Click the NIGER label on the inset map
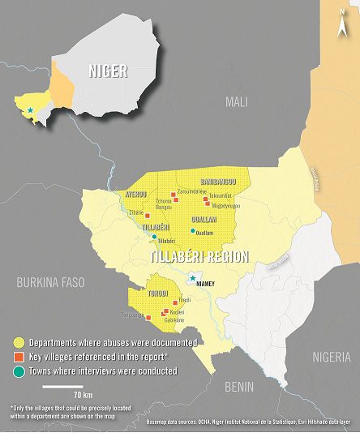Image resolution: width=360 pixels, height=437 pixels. pyautogui.click(x=108, y=71)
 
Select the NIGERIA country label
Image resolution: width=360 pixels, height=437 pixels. pyautogui.click(x=332, y=357)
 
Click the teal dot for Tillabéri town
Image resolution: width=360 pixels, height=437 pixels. pyautogui.click(x=154, y=238)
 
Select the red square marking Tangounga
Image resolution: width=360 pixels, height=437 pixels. pyautogui.click(x=148, y=318)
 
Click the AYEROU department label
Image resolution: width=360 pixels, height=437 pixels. pyautogui.click(x=134, y=195)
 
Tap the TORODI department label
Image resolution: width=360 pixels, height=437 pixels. pyautogui.click(x=157, y=293)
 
